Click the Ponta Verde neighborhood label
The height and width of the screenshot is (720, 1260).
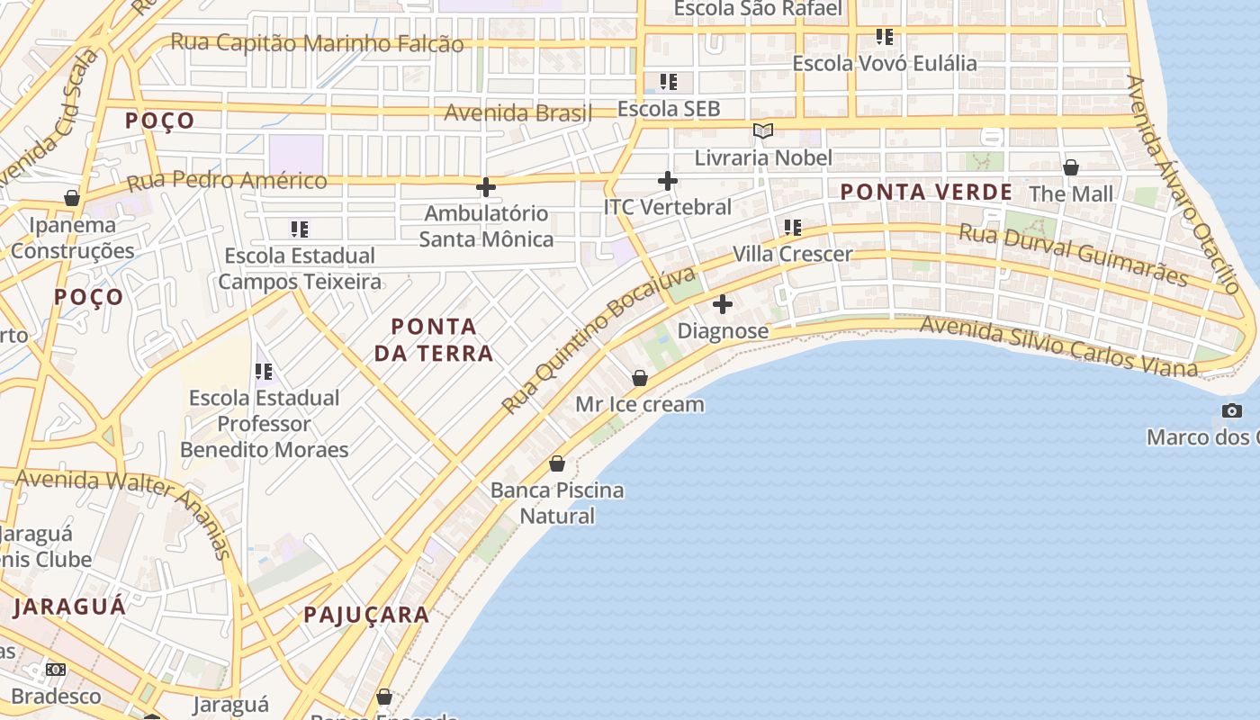pos(926,192)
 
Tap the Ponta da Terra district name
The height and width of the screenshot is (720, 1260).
pos(434,339)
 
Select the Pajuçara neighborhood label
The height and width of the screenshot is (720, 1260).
pos(365,615)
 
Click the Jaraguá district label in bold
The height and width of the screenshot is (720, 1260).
pos(70,607)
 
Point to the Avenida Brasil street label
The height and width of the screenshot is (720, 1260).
pos(518,112)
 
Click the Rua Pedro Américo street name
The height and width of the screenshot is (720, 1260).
pos(227,181)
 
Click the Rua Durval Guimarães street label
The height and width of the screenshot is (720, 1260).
pos(1073,255)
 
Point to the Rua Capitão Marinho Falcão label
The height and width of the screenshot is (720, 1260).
pos(317,42)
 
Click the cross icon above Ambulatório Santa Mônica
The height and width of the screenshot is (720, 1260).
pos(486,187)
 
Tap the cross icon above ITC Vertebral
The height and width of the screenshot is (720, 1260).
pos(668,181)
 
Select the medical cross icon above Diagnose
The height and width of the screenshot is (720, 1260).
pos(723,304)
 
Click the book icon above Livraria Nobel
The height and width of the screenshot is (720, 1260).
pos(763,131)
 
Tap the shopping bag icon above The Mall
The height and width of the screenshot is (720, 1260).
pos(1071,167)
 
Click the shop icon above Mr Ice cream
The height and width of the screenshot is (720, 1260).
pos(640,378)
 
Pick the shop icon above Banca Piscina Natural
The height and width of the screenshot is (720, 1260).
pos(558,464)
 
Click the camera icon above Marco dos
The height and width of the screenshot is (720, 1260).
pos(1232,411)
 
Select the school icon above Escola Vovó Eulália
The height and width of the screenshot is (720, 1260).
pos(885,37)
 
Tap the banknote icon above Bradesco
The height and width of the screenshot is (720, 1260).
pos(56,670)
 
